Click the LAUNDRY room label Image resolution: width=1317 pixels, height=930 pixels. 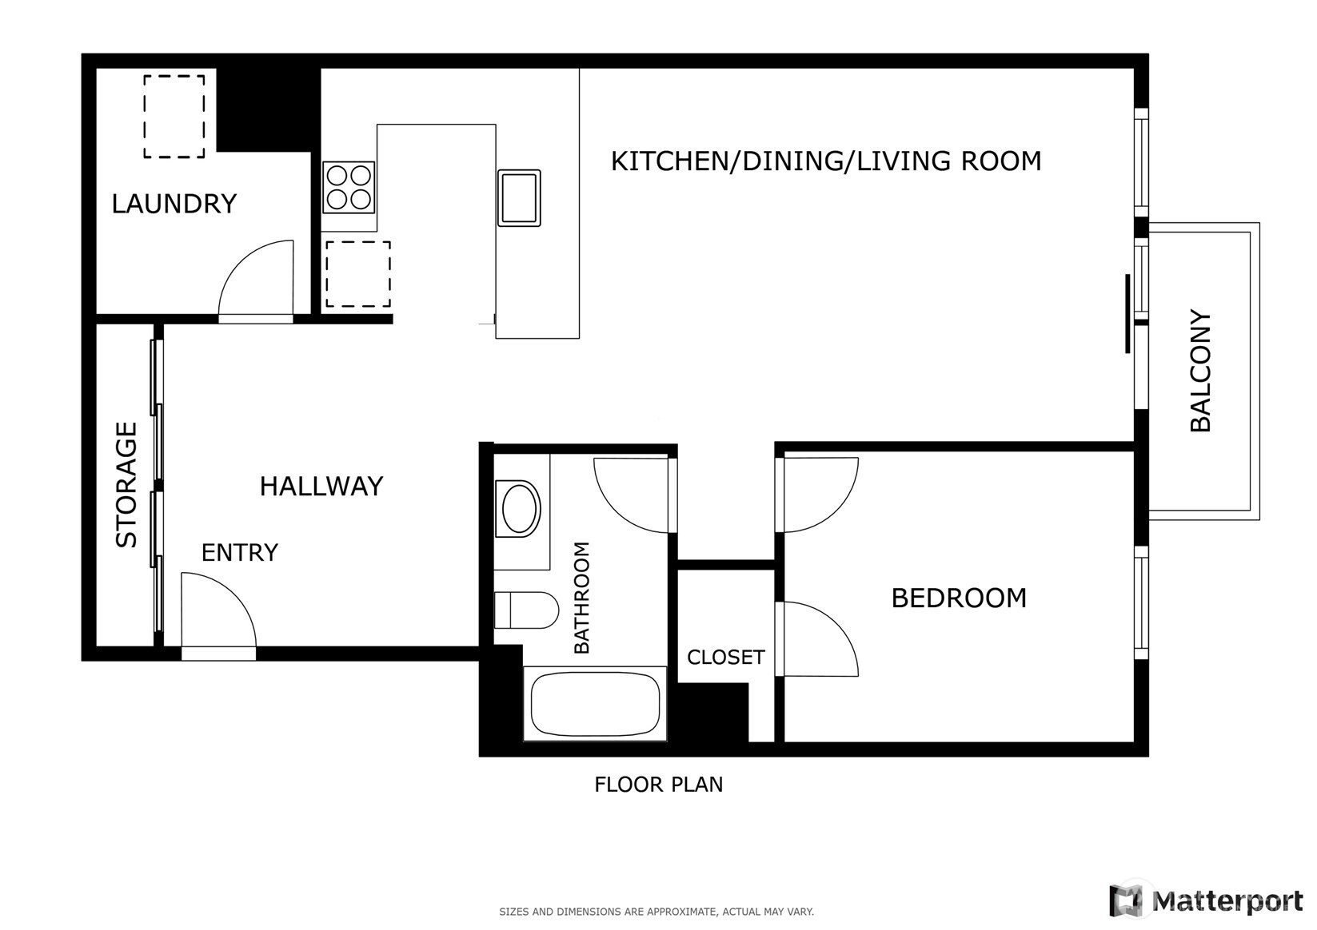[174, 204]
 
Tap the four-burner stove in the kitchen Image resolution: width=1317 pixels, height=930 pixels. [349, 187]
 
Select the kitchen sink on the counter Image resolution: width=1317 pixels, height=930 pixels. [519, 197]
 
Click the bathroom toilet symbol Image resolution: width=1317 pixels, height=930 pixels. [526, 610]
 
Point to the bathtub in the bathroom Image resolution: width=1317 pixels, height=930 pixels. [595, 704]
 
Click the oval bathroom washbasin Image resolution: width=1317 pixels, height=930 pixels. [519, 508]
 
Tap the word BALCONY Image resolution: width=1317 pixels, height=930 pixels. [1201, 371]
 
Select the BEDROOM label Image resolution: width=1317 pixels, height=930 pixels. [958, 598]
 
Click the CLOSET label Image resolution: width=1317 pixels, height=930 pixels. [725, 657]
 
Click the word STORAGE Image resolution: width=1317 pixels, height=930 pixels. [127, 484]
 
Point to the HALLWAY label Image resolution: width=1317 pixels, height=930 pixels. [321, 486]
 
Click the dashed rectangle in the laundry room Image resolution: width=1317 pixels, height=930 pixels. [174, 117]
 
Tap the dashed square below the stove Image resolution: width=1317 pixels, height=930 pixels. [357, 274]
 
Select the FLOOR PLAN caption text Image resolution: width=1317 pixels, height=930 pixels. [658, 785]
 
